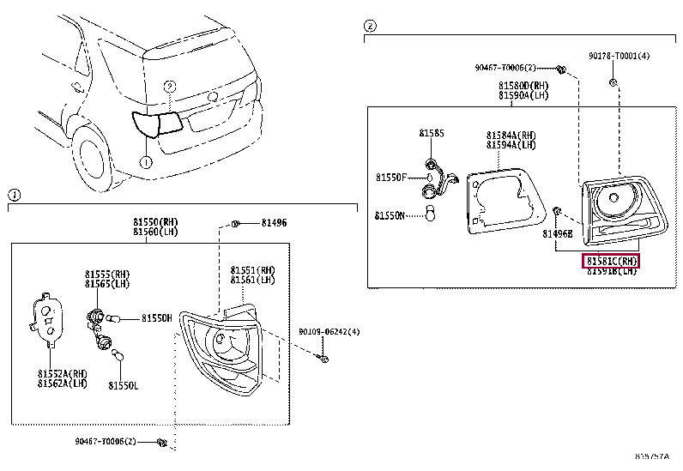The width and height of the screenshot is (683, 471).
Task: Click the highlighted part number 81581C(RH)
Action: pos(612,261)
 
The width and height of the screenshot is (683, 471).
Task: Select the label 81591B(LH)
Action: pos(612,271)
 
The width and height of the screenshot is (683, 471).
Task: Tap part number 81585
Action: pos(432,134)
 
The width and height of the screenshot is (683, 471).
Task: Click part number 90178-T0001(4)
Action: pos(619,57)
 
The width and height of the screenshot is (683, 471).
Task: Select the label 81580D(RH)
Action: pos(523,86)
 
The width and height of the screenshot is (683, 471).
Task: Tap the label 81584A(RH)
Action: pos(511,136)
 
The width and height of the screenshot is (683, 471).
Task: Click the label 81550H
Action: pos(156,318)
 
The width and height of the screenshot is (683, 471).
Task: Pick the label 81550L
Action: pos(123,385)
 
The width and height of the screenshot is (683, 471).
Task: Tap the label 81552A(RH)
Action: pos(62,373)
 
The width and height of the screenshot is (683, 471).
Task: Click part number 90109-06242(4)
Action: pos(329,332)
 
